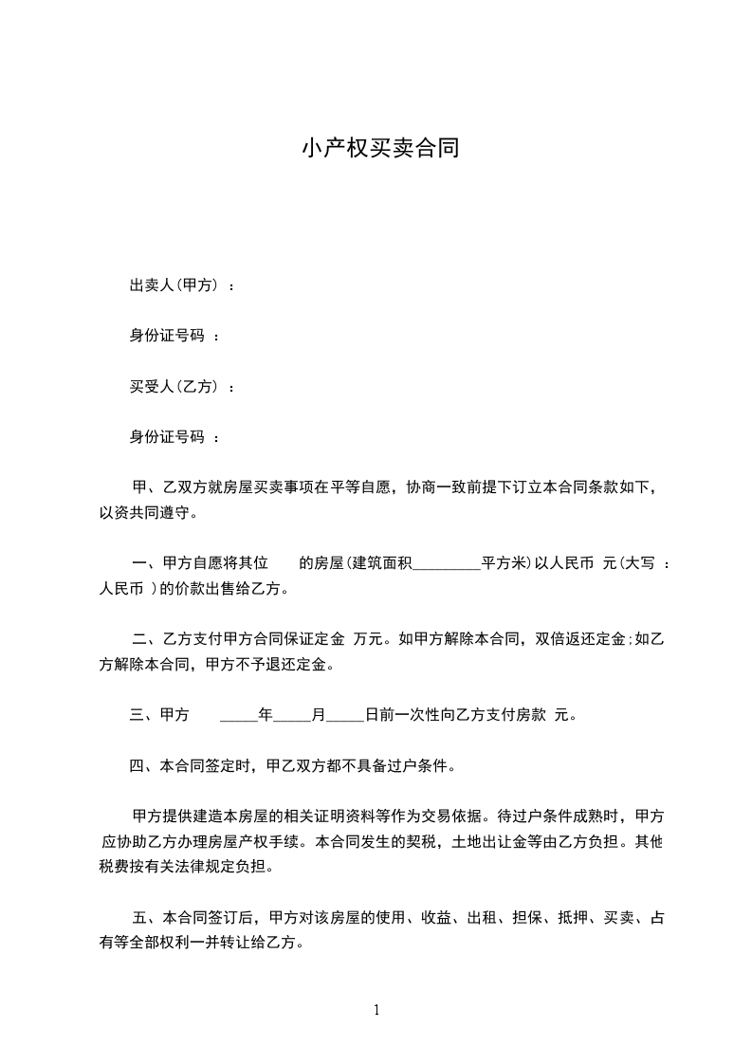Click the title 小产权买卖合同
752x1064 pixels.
[x=380, y=148]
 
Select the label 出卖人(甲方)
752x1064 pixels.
[x=174, y=284]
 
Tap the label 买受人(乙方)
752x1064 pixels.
[x=174, y=386]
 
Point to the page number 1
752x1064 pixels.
[x=376, y=1010]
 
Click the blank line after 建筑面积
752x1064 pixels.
[x=448, y=564]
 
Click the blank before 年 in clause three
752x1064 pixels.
[x=238, y=717]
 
